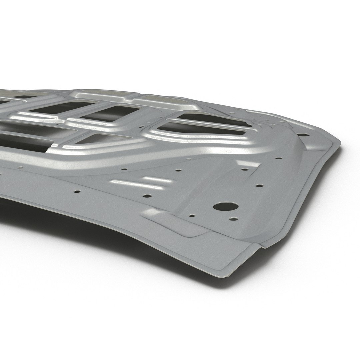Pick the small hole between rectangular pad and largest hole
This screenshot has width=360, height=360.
[192, 216]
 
